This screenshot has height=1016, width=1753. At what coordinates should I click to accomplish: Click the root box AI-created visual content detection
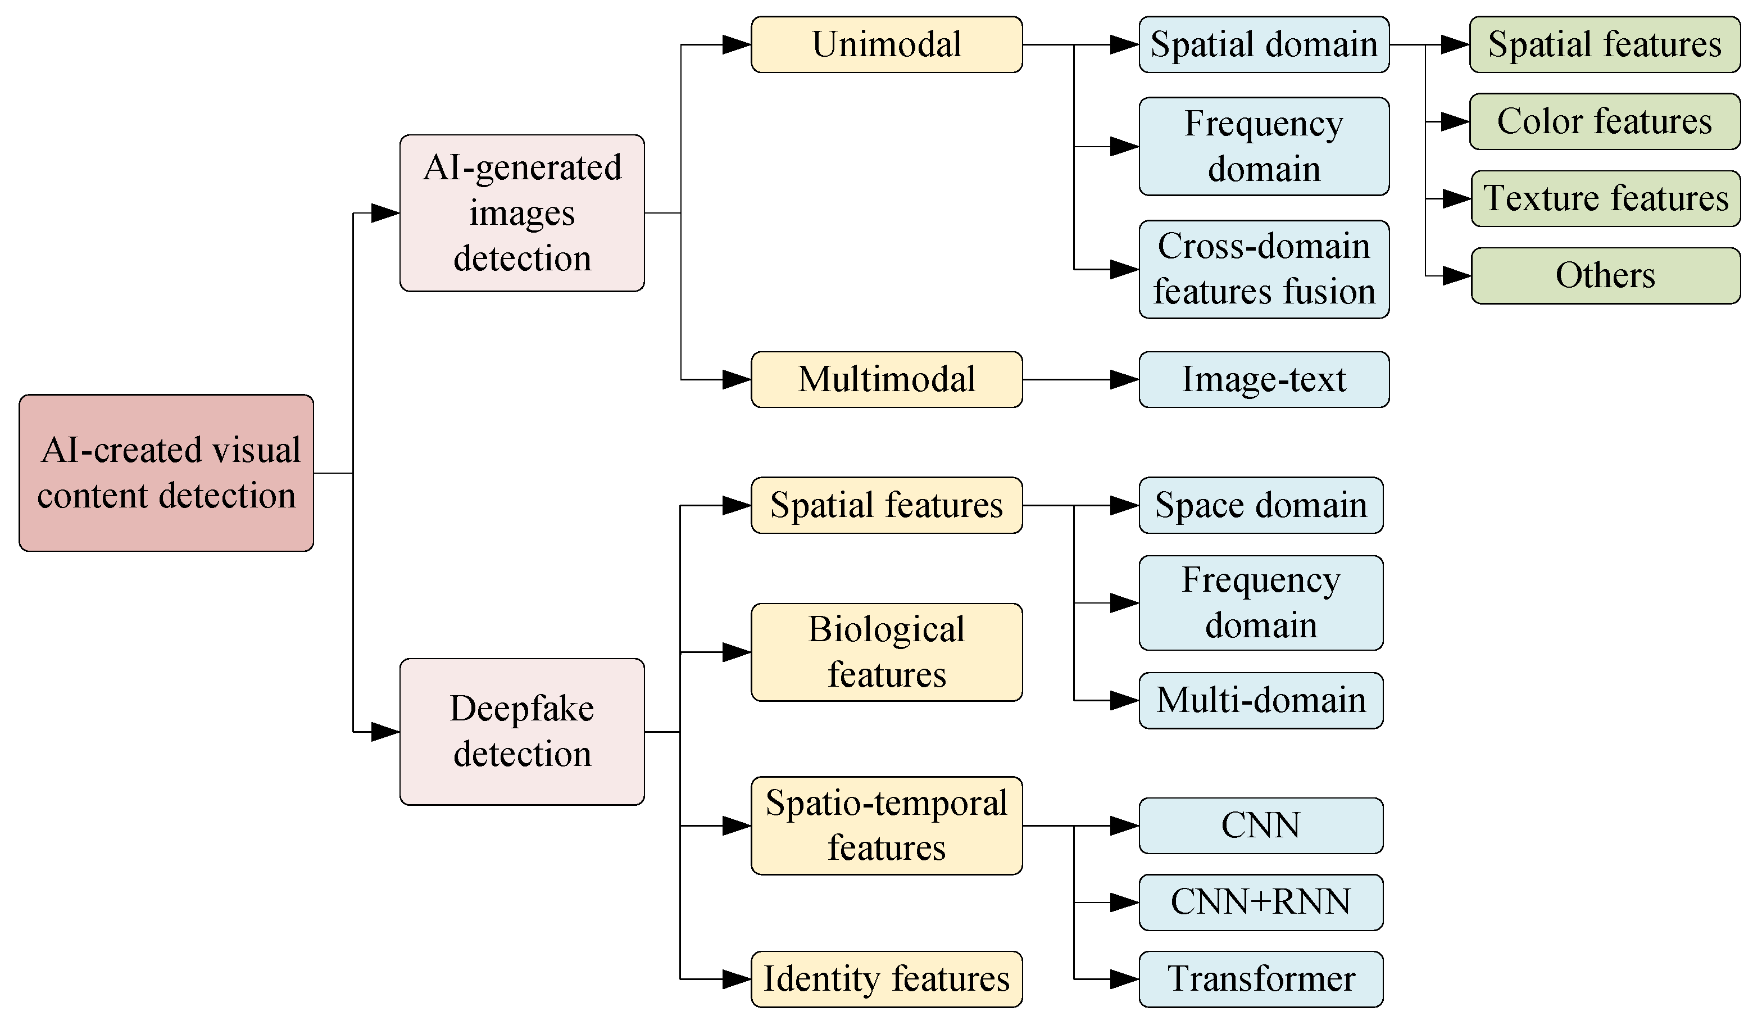(166, 473)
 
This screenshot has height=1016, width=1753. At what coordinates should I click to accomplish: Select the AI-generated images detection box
(522, 213)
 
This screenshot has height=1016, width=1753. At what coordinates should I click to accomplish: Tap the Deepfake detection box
(522, 732)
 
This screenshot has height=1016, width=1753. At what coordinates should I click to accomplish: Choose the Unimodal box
(886, 44)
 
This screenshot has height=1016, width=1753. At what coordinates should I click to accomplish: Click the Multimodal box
(886, 379)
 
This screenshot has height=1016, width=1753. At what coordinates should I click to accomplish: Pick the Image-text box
(1263, 379)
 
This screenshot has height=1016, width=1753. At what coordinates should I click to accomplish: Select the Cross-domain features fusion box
(1263, 269)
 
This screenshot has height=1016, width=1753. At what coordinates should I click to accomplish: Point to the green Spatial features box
(1604, 44)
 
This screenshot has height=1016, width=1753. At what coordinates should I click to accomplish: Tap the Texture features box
(1606, 198)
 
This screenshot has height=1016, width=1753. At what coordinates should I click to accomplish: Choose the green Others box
(1606, 275)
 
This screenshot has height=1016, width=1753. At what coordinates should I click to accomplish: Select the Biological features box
(886, 652)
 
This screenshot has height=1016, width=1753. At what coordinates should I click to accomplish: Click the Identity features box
(886, 979)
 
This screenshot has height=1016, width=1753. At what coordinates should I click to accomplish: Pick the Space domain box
(1260, 505)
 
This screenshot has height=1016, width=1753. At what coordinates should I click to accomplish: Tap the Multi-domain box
(1260, 700)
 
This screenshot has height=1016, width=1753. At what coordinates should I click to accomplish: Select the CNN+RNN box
(1260, 902)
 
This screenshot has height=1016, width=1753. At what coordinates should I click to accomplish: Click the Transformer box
(1260, 979)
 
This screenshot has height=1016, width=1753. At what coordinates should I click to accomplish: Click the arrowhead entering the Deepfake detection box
(385, 732)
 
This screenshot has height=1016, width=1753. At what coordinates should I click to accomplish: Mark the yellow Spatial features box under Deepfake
(886, 505)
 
